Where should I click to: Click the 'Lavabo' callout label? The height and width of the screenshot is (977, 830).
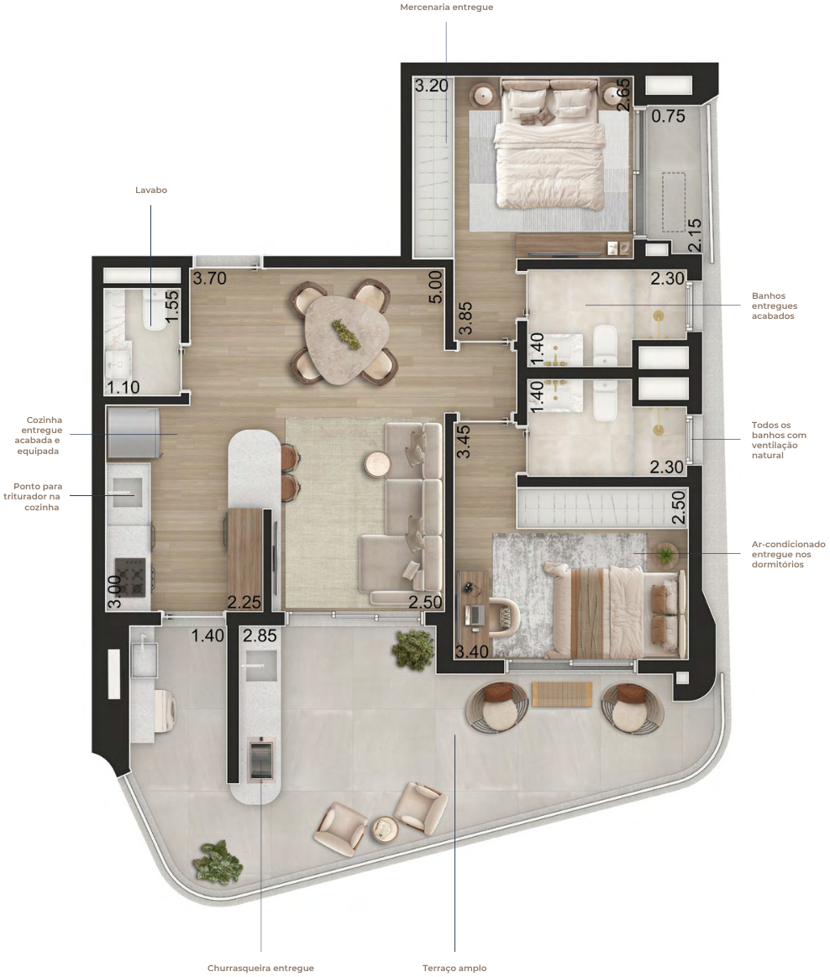pos(151,190)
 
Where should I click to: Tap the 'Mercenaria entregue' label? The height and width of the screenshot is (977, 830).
pos(446,8)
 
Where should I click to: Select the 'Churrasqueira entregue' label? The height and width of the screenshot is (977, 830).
pos(260,968)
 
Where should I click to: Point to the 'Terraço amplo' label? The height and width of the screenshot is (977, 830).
pos(454,968)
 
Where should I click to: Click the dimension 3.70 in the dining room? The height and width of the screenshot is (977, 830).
pos(209,278)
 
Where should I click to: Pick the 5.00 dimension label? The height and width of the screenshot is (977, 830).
pos(436,286)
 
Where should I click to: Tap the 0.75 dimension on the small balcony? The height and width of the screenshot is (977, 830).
pos(669,116)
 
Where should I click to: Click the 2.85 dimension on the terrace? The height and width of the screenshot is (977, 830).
pos(260,635)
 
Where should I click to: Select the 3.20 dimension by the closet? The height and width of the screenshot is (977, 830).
pos(432,86)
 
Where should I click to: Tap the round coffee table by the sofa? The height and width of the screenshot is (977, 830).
pos(377,464)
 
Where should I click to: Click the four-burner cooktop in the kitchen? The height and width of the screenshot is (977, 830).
pos(130,577)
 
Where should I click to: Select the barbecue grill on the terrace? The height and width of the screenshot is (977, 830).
pos(260,758)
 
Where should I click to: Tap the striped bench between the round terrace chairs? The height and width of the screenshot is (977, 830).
pos(562,694)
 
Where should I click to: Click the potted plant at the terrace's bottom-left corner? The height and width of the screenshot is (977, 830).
pos(217,862)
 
